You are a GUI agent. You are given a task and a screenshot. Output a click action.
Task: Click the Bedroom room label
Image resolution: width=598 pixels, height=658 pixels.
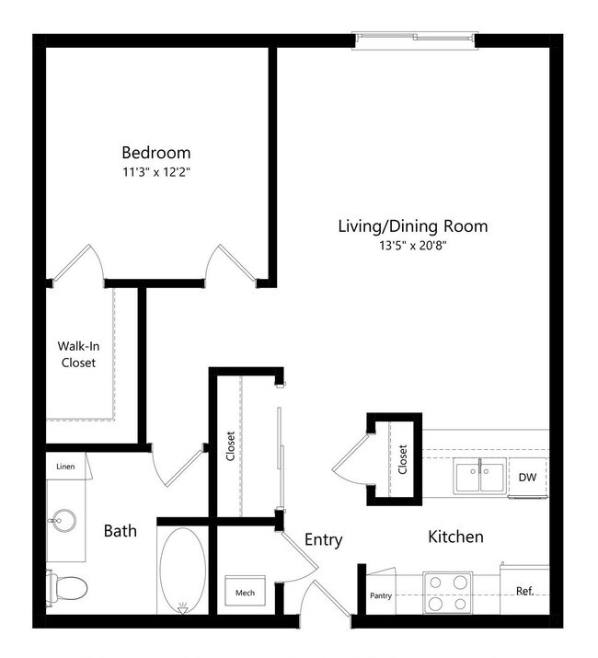(x=156, y=152)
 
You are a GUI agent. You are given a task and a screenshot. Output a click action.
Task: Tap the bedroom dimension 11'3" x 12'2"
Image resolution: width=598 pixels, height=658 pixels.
(x=156, y=171)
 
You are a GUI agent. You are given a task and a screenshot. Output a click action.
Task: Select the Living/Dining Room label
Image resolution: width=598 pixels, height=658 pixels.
(x=412, y=225)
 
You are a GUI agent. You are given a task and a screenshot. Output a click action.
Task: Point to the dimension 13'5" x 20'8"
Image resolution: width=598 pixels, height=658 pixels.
(x=412, y=245)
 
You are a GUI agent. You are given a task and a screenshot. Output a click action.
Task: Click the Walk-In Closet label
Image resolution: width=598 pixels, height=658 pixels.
(x=78, y=354)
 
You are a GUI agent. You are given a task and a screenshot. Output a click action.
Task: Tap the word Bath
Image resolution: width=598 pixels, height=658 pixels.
(x=120, y=531)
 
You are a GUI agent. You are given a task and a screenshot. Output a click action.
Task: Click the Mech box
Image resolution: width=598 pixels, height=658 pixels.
(x=246, y=592)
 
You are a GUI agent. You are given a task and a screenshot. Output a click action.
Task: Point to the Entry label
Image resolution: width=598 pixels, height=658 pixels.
(x=323, y=540)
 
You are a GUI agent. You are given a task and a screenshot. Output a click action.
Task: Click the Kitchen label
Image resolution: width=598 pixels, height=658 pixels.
(x=455, y=536)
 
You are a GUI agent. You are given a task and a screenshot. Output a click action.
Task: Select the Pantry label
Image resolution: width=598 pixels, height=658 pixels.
(x=381, y=595)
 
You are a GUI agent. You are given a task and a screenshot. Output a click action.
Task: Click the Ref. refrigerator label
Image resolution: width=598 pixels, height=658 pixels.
(x=524, y=591)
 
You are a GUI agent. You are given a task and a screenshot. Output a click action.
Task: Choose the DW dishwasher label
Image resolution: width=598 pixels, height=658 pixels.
(x=527, y=477)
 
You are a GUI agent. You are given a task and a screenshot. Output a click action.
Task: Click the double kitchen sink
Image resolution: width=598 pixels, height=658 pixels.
(x=478, y=477)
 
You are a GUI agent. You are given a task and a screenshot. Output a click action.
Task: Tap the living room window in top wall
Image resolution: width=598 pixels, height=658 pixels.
(x=419, y=40)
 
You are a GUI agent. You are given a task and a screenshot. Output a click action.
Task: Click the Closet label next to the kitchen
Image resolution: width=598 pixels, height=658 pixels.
(x=402, y=459)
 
